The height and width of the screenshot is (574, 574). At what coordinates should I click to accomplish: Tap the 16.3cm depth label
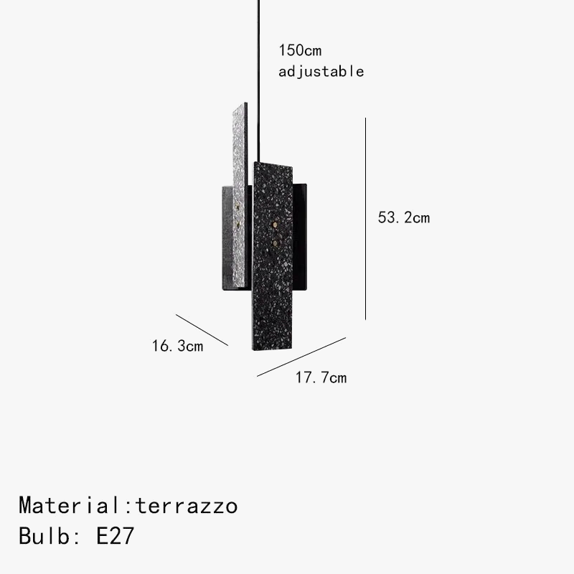click(177, 347)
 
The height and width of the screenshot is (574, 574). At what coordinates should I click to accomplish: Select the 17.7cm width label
click(321, 378)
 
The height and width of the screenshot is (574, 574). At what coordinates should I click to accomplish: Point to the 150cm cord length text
click(300, 50)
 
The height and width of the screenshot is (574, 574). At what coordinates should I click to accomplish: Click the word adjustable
click(321, 71)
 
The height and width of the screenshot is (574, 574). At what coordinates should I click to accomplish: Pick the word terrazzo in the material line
click(187, 506)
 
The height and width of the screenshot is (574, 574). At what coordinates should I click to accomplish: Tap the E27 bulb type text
click(115, 536)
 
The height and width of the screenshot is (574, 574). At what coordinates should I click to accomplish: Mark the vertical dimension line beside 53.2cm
click(365, 219)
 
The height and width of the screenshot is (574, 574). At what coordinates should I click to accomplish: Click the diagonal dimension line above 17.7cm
click(301, 357)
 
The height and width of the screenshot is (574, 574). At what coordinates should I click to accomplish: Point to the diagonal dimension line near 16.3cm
click(202, 330)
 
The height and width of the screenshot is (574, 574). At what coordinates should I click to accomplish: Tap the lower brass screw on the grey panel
click(237, 224)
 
